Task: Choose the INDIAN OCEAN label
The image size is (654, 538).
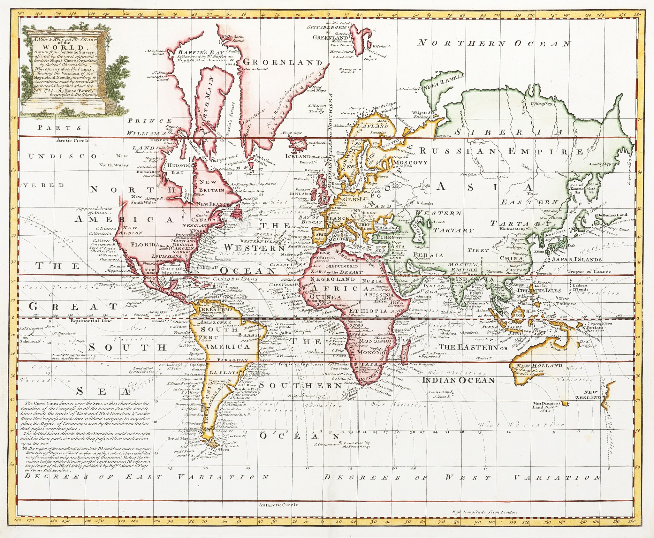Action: tap(459, 380)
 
